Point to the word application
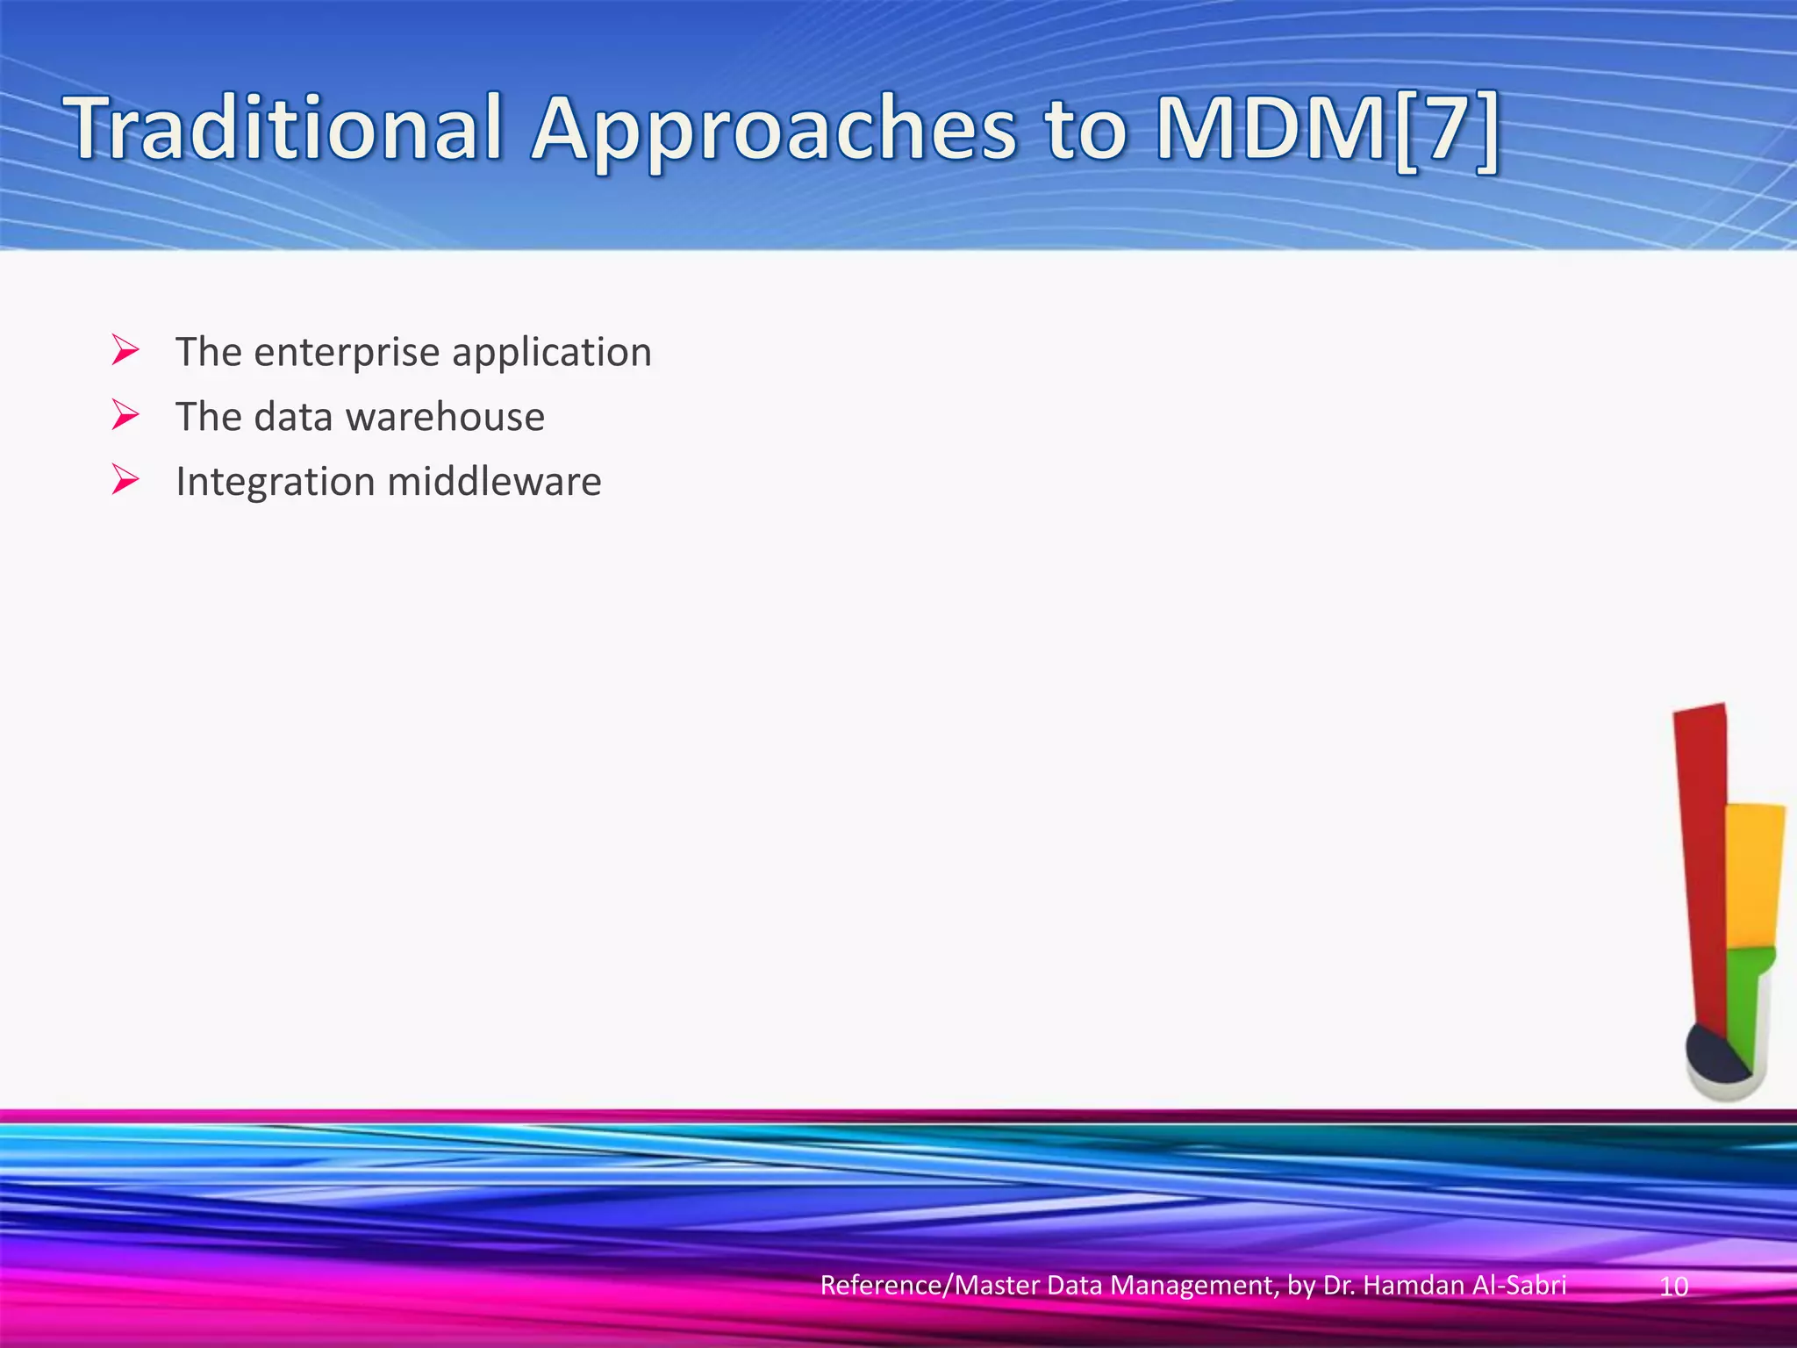(x=552, y=353)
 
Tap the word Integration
(x=276, y=482)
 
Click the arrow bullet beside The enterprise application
(x=125, y=351)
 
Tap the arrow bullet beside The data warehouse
(x=125, y=415)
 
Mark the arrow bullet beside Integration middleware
(x=125, y=480)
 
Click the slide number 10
(x=1674, y=1287)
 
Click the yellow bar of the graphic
(x=1754, y=878)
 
